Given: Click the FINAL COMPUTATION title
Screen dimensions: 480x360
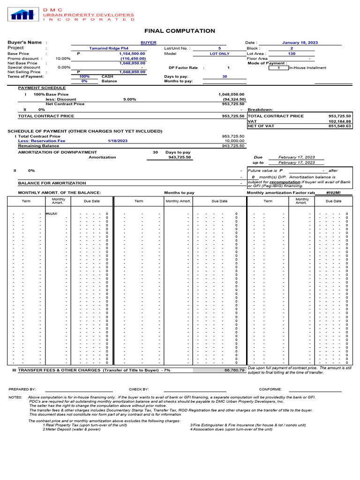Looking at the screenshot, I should (x=180, y=31).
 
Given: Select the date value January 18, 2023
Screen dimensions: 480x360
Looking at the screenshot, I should (x=300, y=43).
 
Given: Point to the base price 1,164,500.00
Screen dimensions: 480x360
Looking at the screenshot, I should (x=132, y=53).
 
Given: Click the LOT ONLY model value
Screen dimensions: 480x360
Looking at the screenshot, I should (x=219, y=53).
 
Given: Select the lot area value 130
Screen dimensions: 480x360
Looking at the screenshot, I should (x=292, y=53).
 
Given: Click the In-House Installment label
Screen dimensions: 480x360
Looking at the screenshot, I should (x=308, y=68).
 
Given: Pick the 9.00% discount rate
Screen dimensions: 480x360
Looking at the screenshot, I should (x=129, y=99).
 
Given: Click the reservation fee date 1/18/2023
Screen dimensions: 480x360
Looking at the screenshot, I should (x=117, y=141).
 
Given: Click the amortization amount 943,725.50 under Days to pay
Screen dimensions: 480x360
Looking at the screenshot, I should (x=180, y=157).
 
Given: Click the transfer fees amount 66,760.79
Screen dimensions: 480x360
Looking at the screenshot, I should (x=235, y=370).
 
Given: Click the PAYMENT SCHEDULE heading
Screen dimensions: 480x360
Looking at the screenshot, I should (x=42, y=88).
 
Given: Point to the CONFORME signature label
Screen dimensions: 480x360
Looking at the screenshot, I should (x=270, y=389).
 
